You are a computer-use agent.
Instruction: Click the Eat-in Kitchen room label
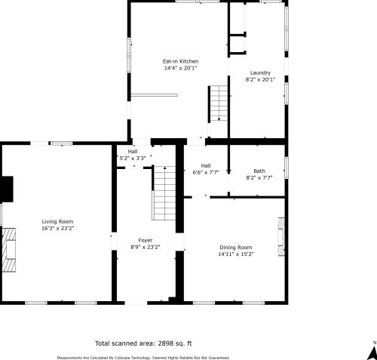(180, 61)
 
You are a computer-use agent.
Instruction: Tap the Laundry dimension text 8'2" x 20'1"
(260, 79)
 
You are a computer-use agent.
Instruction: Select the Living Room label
(57, 222)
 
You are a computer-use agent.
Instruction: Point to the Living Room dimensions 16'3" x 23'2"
(57, 229)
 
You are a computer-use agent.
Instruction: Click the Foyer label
(146, 241)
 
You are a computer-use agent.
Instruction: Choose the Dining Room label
(236, 248)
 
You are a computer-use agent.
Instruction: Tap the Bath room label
(259, 171)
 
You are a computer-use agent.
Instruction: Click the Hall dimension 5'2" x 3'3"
(133, 158)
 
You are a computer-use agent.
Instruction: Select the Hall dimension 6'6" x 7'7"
(206, 172)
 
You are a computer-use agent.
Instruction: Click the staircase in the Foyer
(164, 193)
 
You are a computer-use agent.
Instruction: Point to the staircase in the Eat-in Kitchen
(219, 103)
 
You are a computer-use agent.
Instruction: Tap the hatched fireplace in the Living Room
(9, 250)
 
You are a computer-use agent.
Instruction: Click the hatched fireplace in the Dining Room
(281, 237)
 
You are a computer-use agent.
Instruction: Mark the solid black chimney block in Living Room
(8, 189)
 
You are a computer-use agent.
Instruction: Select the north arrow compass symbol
(373, 351)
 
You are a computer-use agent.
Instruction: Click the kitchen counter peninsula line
(155, 95)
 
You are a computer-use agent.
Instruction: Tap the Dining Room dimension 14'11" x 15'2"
(236, 254)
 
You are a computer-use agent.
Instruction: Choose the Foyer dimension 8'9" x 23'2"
(146, 247)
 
